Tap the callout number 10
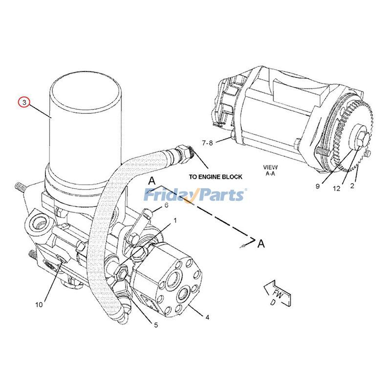coord(39,304)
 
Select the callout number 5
coord(156,325)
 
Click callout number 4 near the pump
coord(207,317)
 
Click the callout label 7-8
coord(208,143)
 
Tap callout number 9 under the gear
coord(317,186)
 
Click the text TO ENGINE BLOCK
coord(215,177)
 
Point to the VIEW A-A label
coord(270,170)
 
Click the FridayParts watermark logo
coord(195,195)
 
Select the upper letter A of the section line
coord(152,181)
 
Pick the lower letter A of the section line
coord(262,243)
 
